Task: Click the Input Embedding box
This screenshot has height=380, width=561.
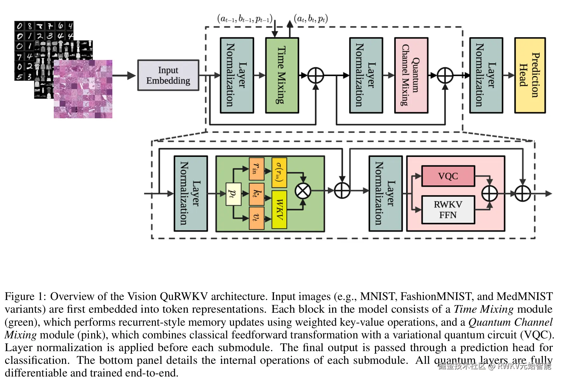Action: click(168, 75)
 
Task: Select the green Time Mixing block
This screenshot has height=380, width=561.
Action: click(282, 75)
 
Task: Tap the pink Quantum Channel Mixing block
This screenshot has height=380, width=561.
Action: click(411, 75)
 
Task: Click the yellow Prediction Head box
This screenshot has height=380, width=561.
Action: click(530, 75)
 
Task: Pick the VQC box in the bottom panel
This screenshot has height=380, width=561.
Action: click(448, 176)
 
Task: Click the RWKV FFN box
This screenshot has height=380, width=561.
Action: click(448, 210)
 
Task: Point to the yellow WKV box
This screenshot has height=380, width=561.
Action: click(279, 209)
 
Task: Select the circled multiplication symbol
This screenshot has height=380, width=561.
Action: click(303, 191)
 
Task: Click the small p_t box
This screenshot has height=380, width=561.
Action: click(233, 194)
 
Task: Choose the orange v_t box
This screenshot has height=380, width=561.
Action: click(257, 218)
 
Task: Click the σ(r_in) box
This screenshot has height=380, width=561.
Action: click(279, 172)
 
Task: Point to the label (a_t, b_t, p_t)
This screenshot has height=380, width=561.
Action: click(311, 19)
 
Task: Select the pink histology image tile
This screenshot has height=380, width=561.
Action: click(83, 89)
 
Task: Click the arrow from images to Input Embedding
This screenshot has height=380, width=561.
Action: click(124, 76)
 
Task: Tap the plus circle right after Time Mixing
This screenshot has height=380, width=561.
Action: click(316, 76)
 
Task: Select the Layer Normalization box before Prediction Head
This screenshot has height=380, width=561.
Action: click(486, 75)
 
